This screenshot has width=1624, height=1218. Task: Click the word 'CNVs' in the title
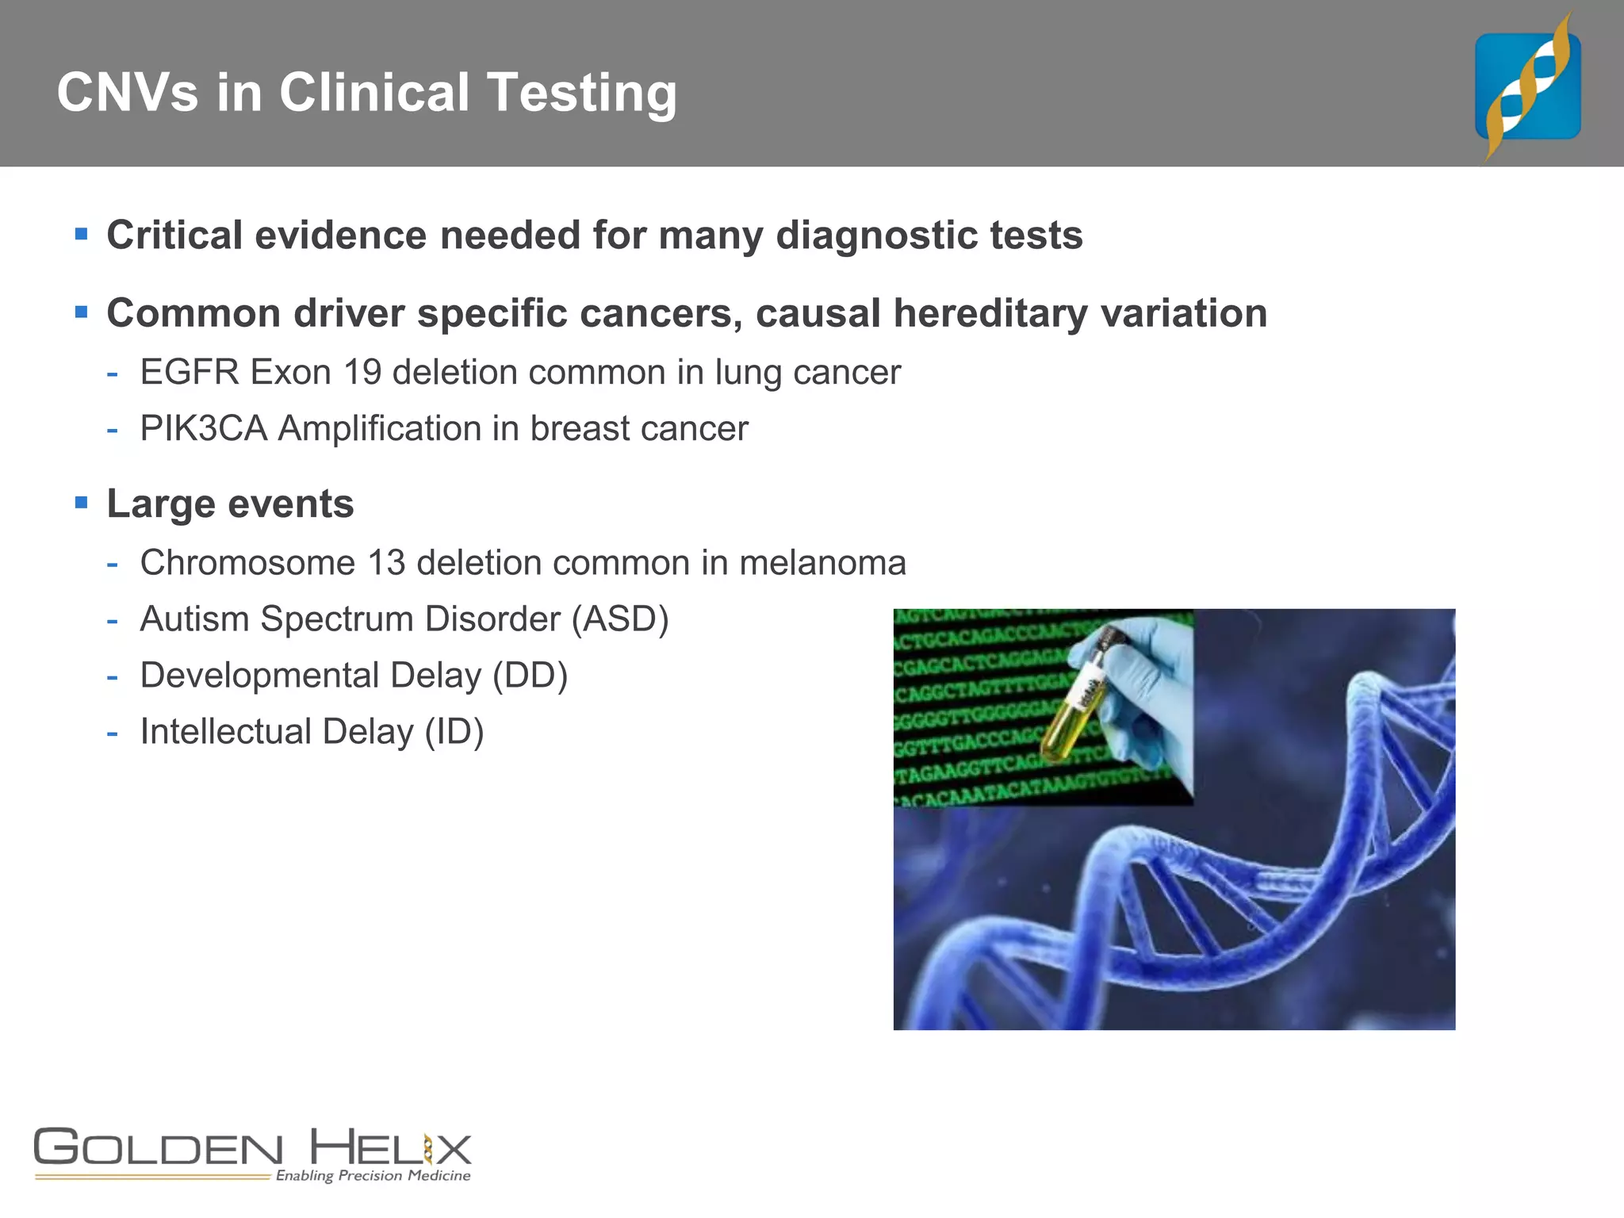click(127, 93)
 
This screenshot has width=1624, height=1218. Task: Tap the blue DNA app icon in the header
click(1527, 86)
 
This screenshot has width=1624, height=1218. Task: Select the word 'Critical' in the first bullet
click(174, 236)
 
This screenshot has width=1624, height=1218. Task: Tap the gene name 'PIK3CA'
click(203, 429)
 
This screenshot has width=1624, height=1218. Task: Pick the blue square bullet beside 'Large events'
click(81, 503)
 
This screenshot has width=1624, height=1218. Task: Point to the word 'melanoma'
click(822, 563)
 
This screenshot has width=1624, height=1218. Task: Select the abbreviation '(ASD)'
click(620, 619)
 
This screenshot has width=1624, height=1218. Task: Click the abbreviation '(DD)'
click(530, 676)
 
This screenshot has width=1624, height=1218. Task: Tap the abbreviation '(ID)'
click(454, 732)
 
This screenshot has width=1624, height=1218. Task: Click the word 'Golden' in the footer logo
click(158, 1149)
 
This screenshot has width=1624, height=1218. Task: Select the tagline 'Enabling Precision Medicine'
click(373, 1175)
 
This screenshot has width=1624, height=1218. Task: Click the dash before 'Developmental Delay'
click(113, 677)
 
